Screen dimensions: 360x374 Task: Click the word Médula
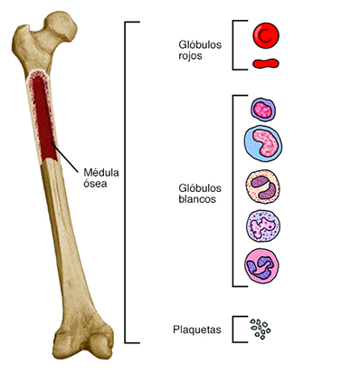pyautogui.click(x=101, y=173)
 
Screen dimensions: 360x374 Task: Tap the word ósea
pyautogui.click(x=95, y=184)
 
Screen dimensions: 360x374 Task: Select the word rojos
pyautogui.click(x=190, y=56)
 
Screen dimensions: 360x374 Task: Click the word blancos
pyautogui.click(x=197, y=199)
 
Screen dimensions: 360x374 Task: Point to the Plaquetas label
pyautogui.click(x=197, y=330)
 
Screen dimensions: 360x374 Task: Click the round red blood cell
pyautogui.click(x=266, y=35)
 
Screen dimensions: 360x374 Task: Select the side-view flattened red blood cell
pyautogui.click(x=266, y=63)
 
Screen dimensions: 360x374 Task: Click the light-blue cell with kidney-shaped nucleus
pyautogui.click(x=262, y=142)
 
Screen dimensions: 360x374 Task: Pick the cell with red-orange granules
pyautogui.click(x=262, y=187)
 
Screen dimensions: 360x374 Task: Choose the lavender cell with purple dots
pyautogui.click(x=262, y=225)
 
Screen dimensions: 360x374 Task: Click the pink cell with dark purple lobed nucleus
pyautogui.click(x=261, y=265)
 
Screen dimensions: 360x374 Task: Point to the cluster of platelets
pyautogui.click(x=261, y=329)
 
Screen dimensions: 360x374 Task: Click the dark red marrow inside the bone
pyautogui.click(x=43, y=120)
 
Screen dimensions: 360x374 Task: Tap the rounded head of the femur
pyautogui.click(x=61, y=25)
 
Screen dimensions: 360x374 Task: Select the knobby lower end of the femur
pyautogui.click(x=83, y=342)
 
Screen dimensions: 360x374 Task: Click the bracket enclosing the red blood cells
pyautogui.click(x=232, y=45)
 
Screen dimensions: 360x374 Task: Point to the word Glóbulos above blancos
pyautogui.click(x=200, y=188)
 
